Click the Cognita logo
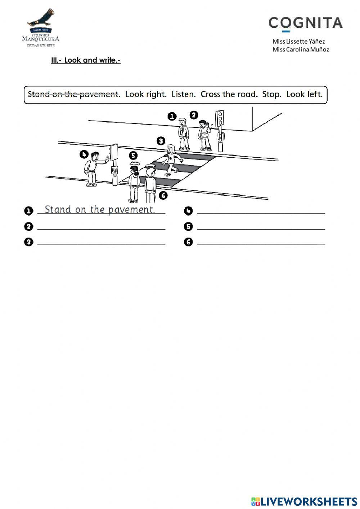305,23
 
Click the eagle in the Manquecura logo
41,19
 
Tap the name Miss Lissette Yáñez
298,41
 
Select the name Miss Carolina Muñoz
301,50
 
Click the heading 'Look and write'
86,60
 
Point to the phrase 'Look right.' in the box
146,94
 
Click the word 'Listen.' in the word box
184,94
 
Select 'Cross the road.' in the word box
229,94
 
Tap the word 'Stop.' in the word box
271,94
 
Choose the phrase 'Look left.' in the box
304,94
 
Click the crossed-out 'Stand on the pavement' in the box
73,94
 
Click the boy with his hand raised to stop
93,168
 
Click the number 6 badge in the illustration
163,195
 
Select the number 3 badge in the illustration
161,141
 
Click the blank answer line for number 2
101,227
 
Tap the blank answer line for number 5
261,227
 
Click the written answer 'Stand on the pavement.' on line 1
100,210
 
